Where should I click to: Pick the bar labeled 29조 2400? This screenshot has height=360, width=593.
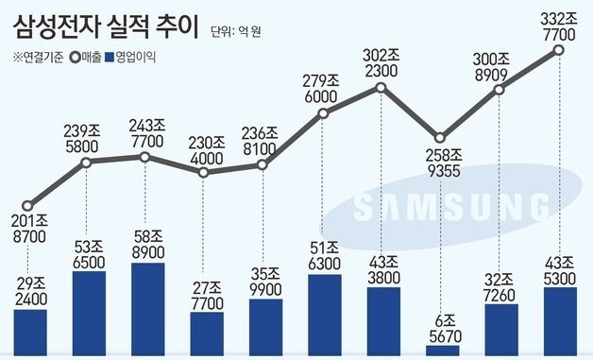tap(29, 333)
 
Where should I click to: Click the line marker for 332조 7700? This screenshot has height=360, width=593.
tap(559, 50)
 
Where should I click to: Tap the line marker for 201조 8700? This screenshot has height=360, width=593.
tap(29, 205)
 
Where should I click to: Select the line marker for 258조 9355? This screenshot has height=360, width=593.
tap(439, 137)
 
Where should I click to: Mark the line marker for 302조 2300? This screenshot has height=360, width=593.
tap(381, 88)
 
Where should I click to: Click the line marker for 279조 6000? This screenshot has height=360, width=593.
tap(323, 113)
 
